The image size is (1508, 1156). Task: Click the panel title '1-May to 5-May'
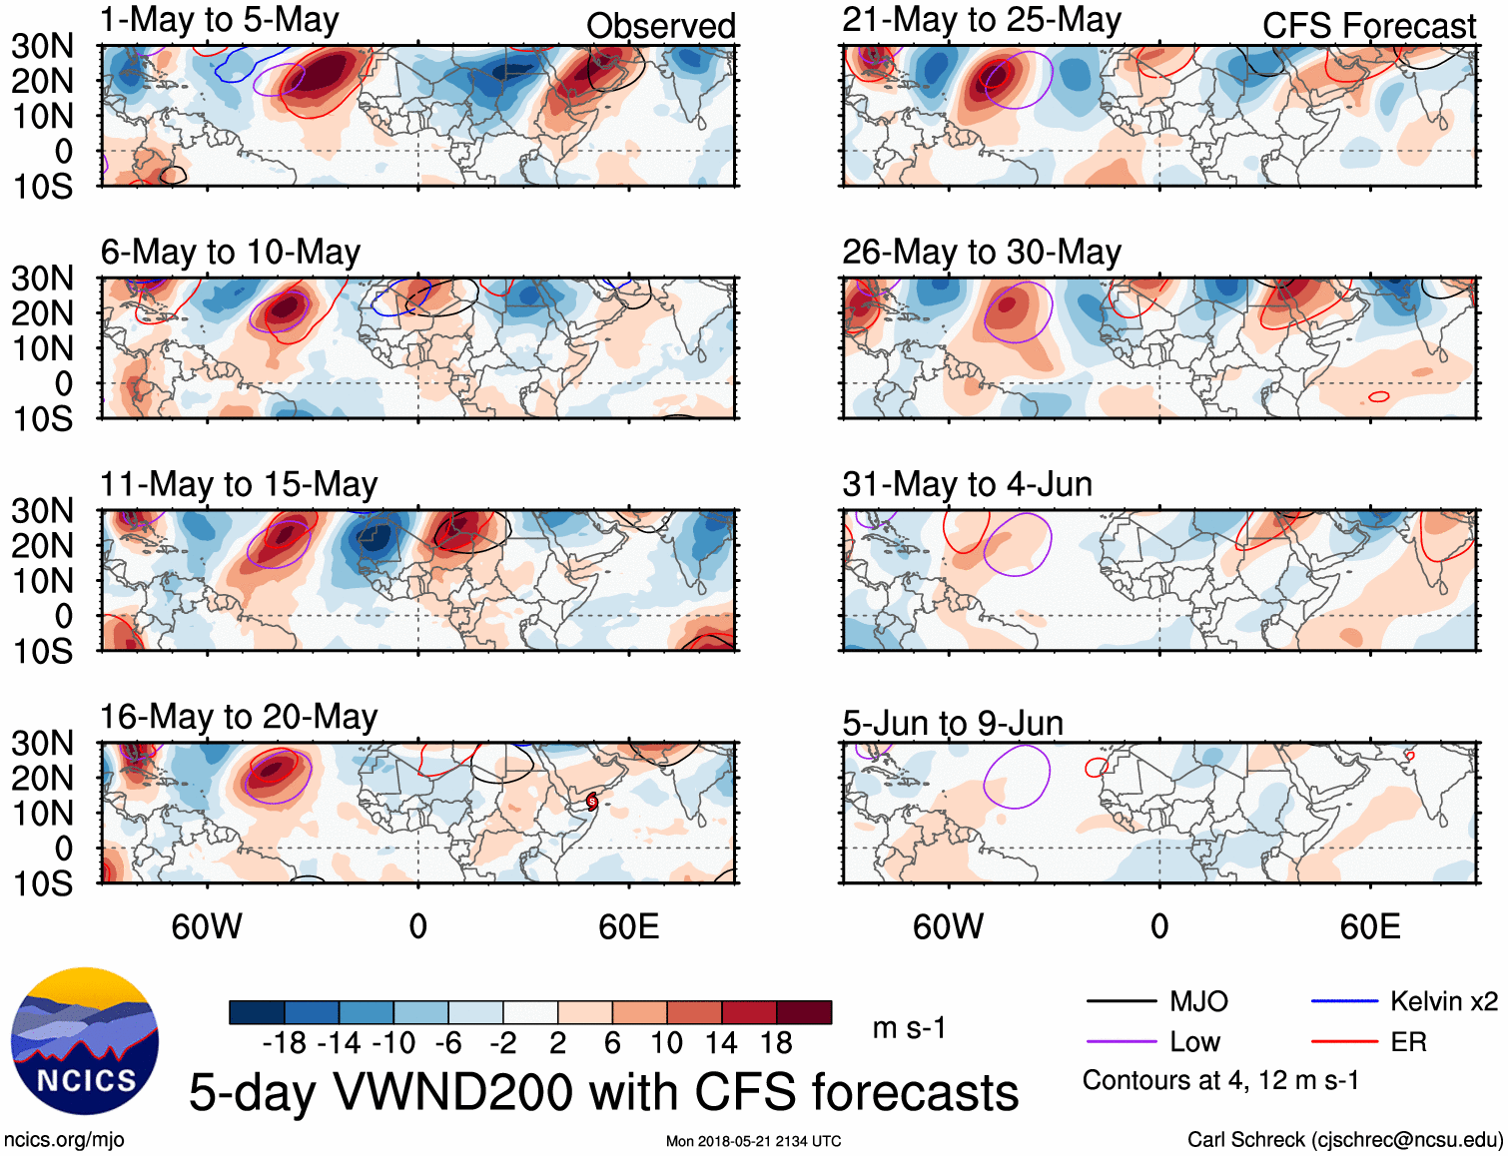click(x=219, y=20)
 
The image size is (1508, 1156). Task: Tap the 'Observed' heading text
click(x=660, y=26)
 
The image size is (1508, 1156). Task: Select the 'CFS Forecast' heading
click(x=1368, y=26)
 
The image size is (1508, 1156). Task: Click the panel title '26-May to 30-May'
click(x=981, y=253)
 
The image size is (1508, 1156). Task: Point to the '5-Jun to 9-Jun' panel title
click(x=952, y=723)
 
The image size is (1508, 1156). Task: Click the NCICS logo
click(x=85, y=1041)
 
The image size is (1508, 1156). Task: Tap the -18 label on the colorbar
click(x=284, y=1043)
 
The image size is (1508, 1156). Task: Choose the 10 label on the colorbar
click(x=666, y=1043)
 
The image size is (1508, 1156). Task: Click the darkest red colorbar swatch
click(x=804, y=1012)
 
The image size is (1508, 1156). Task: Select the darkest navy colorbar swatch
click(x=257, y=1012)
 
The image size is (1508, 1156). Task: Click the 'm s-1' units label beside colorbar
click(x=909, y=1028)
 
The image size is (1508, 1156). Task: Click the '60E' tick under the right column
click(x=1369, y=926)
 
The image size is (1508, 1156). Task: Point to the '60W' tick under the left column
click(x=207, y=926)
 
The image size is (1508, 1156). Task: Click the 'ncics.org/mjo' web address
click(x=64, y=1140)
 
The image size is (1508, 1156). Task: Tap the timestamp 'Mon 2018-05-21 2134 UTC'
click(x=753, y=1141)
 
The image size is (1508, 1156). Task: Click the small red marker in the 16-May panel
click(x=592, y=801)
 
